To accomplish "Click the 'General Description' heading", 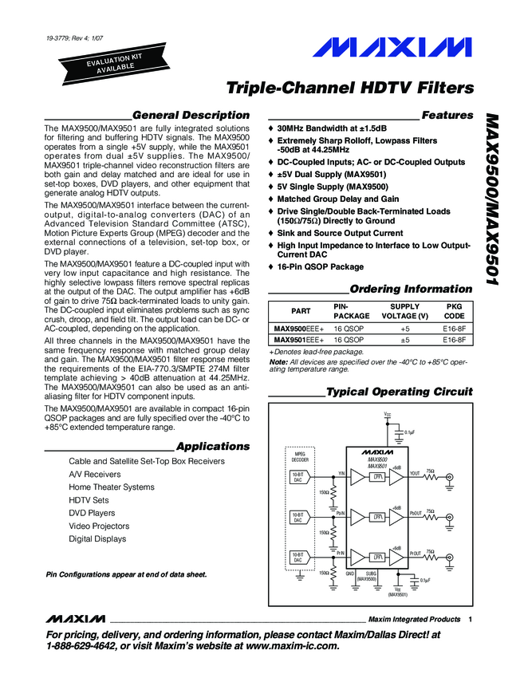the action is point(191,116).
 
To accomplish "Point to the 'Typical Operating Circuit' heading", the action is point(400,392).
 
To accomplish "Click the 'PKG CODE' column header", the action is point(452,311).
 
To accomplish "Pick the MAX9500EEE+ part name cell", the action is point(299,328).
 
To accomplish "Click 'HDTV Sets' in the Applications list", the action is point(89,500).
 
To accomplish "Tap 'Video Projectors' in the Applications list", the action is point(99,526).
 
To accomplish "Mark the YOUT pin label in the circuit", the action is point(414,473).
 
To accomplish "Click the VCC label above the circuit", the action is point(388,415).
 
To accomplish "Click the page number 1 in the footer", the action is point(471,620).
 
